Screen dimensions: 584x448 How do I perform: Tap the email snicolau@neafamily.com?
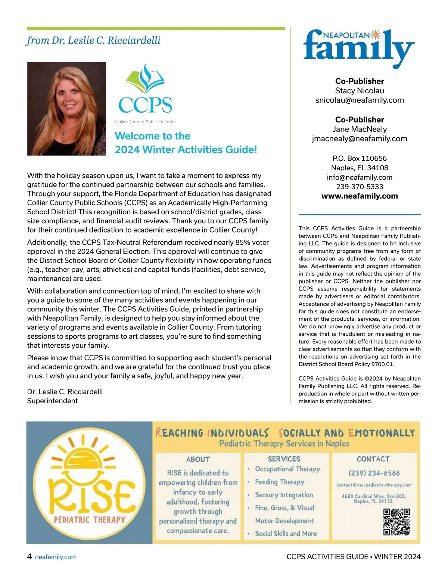click(360, 100)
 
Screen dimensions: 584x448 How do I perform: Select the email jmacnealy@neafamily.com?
click(360, 139)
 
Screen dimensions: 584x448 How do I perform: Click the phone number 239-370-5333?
click(360, 187)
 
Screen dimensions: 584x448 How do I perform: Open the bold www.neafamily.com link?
click(360, 196)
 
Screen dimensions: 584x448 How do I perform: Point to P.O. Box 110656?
click(360, 158)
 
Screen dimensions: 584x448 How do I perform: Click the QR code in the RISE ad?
click(396, 522)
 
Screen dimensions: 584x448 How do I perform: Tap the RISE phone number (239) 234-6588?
click(374, 473)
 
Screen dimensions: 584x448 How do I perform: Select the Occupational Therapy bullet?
click(287, 469)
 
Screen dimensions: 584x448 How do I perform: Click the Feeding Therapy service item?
click(279, 482)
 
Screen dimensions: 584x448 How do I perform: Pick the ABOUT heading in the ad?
click(198, 459)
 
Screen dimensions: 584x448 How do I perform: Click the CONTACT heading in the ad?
click(373, 459)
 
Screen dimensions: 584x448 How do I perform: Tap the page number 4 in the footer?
click(29, 556)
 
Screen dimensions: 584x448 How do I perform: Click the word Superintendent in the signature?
click(52, 401)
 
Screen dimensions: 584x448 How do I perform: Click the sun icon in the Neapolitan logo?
click(375, 35)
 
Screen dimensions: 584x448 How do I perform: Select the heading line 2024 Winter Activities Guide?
click(186, 150)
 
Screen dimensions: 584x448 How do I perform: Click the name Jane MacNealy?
click(360, 129)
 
